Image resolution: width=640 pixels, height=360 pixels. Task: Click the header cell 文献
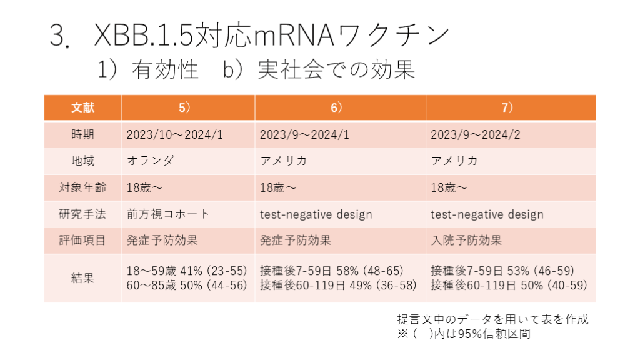tap(82, 107)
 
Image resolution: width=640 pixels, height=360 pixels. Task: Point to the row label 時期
tap(82, 134)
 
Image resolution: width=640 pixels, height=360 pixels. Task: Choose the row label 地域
tap(82, 161)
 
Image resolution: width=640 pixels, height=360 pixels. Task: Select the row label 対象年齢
tap(82, 187)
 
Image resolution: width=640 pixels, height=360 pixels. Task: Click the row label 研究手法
tap(82, 214)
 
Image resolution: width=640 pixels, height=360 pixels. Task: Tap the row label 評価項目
tap(82, 241)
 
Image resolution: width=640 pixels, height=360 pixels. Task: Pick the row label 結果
tap(82, 278)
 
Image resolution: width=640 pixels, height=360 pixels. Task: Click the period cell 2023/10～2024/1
tap(174, 134)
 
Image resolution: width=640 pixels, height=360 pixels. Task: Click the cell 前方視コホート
tap(168, 214)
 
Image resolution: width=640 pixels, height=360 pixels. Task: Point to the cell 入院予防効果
tap(466, 241)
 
